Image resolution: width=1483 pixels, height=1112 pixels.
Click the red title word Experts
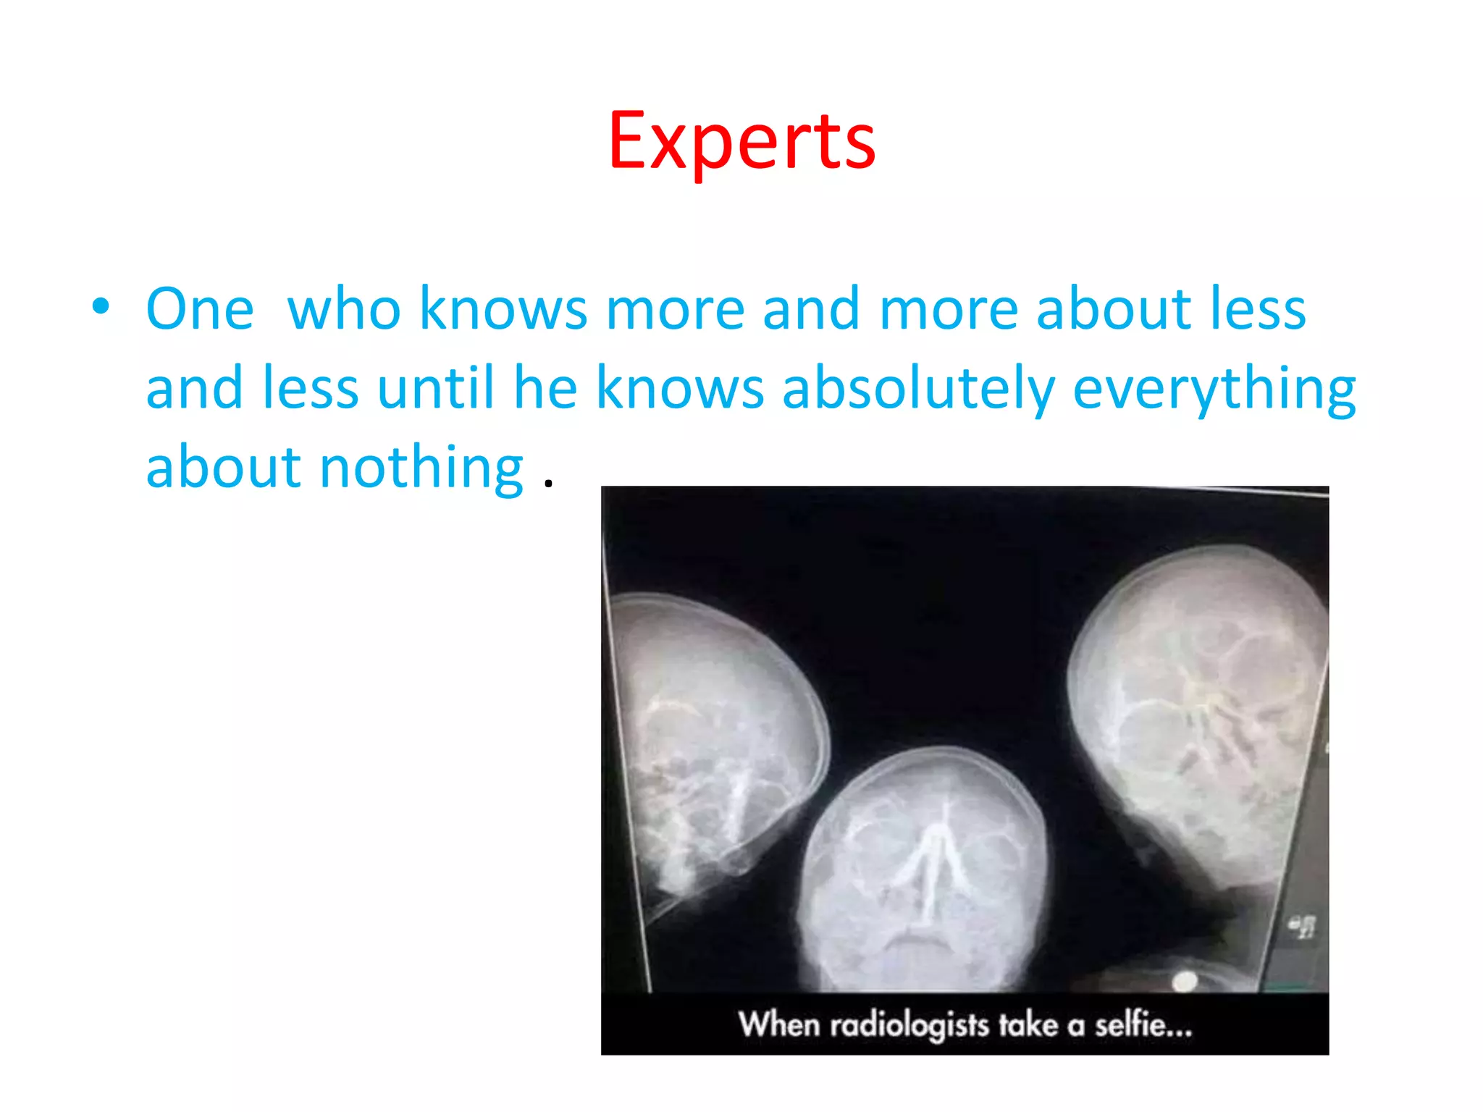pos(741,141)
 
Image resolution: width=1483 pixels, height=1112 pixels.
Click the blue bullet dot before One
pos(101,306)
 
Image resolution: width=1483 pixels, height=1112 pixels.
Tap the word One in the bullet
pos(200,309)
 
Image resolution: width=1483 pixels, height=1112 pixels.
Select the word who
pos(344,309)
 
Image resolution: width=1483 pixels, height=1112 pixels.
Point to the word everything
pos(1214,389)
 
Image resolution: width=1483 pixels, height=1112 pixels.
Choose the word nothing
pos(421,468)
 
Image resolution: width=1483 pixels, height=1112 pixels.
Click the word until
pos(435,389)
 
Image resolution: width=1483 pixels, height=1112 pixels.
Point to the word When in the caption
pos(779,1025)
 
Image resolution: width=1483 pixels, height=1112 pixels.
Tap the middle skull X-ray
pos(923,869)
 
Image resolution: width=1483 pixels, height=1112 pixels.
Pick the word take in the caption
pos(1028,1025)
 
